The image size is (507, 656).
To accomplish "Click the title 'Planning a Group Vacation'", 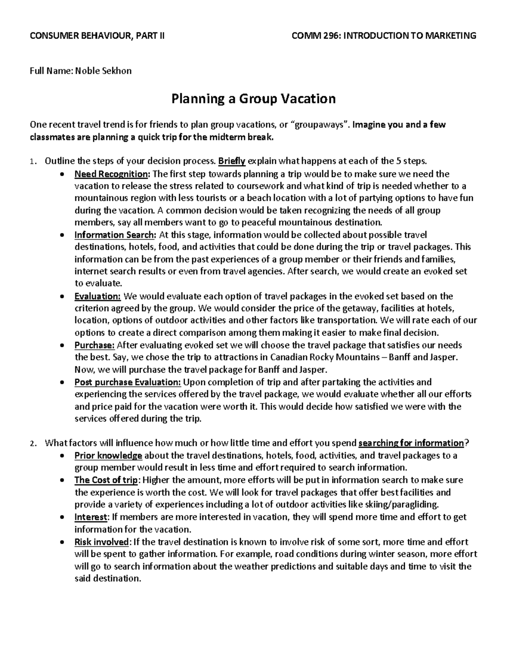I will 253,99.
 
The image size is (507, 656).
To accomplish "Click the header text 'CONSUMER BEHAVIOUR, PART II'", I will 97,35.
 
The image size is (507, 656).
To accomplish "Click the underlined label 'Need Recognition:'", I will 112,174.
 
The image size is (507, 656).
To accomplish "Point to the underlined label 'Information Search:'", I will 115,235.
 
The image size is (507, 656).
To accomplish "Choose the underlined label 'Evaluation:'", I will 98,296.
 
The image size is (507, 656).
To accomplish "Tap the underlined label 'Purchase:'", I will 95,345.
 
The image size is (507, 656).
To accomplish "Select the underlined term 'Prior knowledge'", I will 108,456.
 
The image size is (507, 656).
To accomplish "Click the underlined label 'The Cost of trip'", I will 106,480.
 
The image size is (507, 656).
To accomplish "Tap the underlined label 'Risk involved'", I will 101,542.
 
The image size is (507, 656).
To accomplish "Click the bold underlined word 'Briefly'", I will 232,161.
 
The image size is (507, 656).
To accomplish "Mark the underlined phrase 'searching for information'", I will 411,443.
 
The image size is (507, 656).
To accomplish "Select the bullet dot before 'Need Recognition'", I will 63,174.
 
